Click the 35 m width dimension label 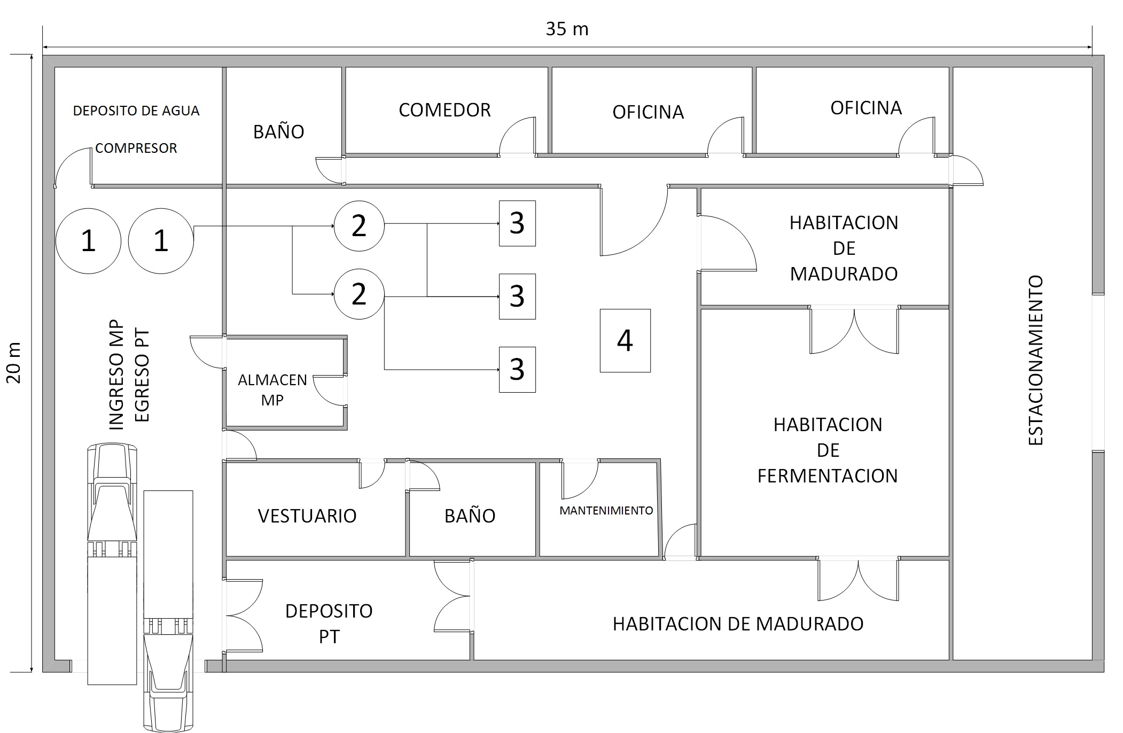pyautogui.click(x=567, y=29)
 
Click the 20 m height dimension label pyautogui.click(x=14, y=363)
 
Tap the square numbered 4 pyautogui.click(x=625, y=340)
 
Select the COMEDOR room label pyautogui.click(x=444, y=110)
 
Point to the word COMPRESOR pyautogui.click(x=136, y=148)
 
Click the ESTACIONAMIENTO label pyautogui.click(x=1035, y=360)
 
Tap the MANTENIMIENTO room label pyautogui.click(x=606, y=511)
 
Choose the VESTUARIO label pyautogui.click(x=307, y=516)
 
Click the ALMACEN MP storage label pyautogui.click(x=272, y=390)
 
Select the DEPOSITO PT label pyautogui.click(x=329, y=623)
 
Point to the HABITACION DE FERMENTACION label pyautogui.click(x=828, y=450)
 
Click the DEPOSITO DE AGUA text pyautogui.click(x=136, y=111)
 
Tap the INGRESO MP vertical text pyautogui.click(x=116, y=375)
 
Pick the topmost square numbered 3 pyautogui.click(x=517, y=223)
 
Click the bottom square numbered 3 pyautogui.click(x=517, y=370)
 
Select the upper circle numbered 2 pyautogui.click(x=359, y=226)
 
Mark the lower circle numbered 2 pyautogui.click(x=359, y=294)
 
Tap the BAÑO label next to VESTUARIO pyautogui.click(x=470, y=516)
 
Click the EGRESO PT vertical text pyautogui.click(x=142, y=376)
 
